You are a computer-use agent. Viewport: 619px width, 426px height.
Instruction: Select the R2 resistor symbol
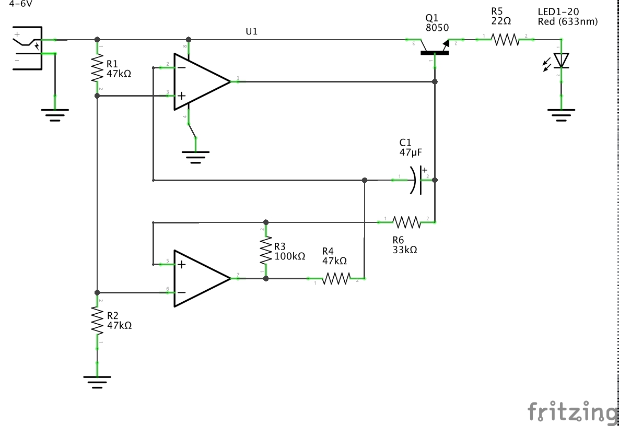pyautogui.click(x=97, y=321)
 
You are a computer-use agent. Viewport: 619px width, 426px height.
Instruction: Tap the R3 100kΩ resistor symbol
pyautogui.click(x=266, y=251)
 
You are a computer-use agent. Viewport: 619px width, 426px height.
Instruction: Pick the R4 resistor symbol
pyautogui.click(x=335, y=279)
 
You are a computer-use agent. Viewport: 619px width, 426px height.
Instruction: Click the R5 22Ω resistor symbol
pyautogui.click(x=505, y=39)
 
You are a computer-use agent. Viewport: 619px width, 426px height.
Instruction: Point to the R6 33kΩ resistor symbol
pyautogui.click(x=406, y=222)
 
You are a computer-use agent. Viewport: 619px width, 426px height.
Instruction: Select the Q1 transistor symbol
pyautogui.click(x=435, y=50)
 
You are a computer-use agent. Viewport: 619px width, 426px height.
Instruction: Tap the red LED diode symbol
pyautogui.click(x=561, y=61)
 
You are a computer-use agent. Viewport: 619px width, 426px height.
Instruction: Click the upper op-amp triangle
pyautogui.click(x=201, y=82)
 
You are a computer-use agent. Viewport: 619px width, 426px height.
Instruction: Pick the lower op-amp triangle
pyautogui.click(x=201, y=278)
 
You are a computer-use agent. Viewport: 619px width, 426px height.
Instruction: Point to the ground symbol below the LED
pyautogui.click(x=561, y=114)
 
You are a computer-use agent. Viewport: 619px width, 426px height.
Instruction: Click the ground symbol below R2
pyautogui.click(x=97, y=382)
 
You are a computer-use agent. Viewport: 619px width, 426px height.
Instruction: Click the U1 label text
pyautogui.click(x=251, y=31)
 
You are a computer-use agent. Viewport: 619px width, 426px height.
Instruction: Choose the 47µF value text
pyautogui.click(x=411, y=152)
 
